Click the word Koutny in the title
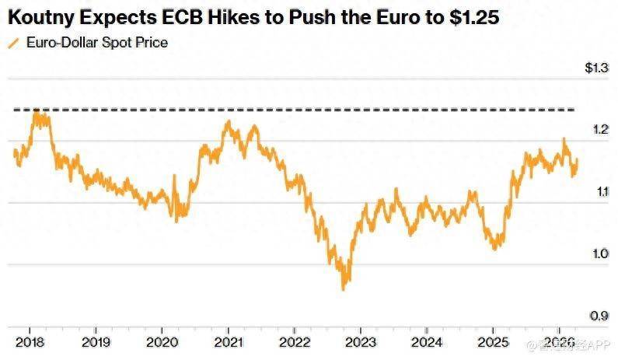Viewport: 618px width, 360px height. pos(39,16)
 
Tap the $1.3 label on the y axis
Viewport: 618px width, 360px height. pos(596,68)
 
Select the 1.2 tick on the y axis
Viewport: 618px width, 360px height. pos(598,130)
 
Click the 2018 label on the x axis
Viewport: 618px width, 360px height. pos(28,341)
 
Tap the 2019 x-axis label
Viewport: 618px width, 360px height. pos(94,341)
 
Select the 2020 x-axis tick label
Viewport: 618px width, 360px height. pos(161,341)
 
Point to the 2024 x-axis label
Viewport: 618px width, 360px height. pos(427,341)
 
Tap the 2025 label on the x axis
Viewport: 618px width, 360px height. pos(493,341)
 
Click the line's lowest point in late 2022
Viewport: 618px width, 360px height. pos(343,289)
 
